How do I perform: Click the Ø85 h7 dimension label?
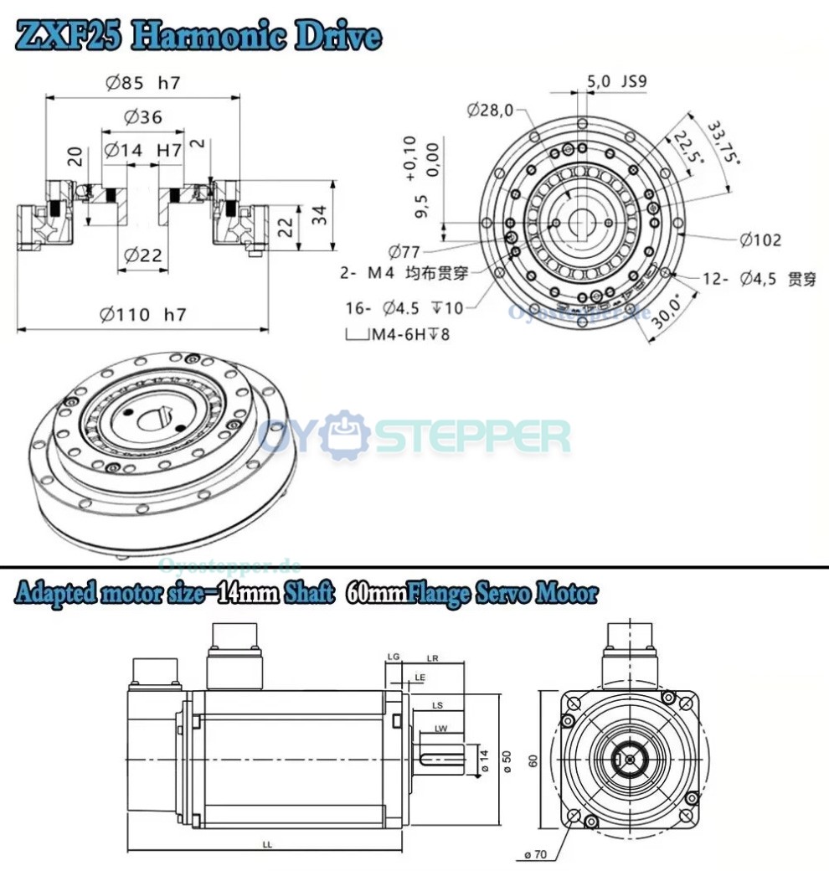click(143, 82)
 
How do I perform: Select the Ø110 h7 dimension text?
click(142, 315)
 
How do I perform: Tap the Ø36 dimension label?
click(143, 117)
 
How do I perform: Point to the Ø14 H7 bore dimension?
click(143, 150)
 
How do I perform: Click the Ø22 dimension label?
click(143, 256)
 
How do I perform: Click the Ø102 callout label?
click(759, 240)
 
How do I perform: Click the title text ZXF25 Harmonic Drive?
click(198, 36)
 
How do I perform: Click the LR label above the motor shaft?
click(432, 658)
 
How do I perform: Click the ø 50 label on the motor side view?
click(506, 757)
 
